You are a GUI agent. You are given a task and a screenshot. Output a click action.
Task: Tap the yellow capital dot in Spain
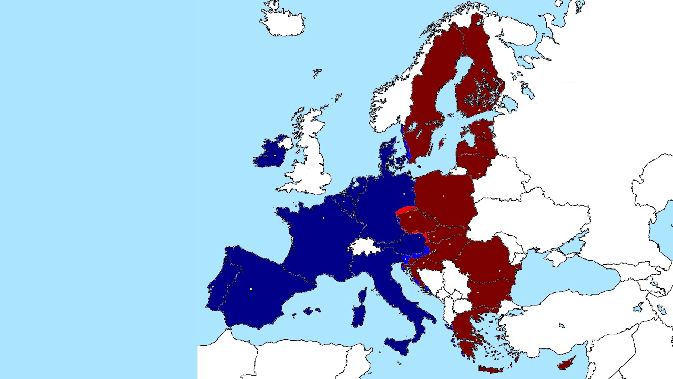[251, 289]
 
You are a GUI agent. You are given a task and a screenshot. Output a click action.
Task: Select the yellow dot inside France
[323, 218]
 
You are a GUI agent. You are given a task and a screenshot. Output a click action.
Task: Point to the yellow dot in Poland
[444, 196]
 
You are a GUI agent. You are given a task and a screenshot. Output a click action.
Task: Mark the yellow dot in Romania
[499, 271]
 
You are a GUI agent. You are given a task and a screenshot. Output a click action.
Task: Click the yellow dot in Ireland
[274, 155]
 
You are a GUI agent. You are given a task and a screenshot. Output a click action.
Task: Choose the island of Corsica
[362, 295]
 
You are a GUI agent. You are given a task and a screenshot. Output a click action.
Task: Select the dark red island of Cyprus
[566, 363]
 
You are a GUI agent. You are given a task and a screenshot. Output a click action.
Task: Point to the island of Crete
[491, 369]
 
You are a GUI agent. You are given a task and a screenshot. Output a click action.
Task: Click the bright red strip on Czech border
[405, 211]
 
